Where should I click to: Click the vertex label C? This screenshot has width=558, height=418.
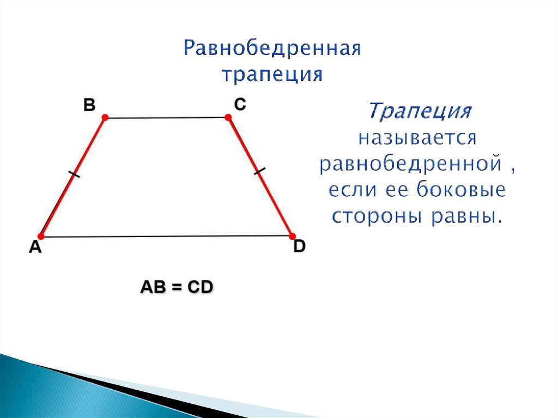click(240, 104)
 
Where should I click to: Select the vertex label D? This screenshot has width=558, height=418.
click(300, 247)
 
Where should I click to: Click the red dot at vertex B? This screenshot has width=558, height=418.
click(105, 117)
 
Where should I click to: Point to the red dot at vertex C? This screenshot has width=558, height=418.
click(228, 117)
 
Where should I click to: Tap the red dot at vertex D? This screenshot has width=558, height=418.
click(292, 236)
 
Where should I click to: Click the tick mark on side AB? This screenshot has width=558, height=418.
click(74, 175)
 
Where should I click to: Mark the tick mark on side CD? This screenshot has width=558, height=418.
click(260, 172)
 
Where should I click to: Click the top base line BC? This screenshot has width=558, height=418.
click(166, 117)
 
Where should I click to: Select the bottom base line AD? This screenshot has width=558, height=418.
click(166, 237)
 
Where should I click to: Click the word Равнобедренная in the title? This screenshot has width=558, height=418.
click(272, 50)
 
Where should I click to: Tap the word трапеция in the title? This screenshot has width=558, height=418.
click(272, 74)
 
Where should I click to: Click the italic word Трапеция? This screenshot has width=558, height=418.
click(418, 112)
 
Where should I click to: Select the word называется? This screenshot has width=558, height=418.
click(417, 137)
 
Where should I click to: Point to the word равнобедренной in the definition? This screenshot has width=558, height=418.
click(410, 164)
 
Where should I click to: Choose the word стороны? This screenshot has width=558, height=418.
click(377, 216)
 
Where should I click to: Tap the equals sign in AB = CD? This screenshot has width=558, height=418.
click(177, 287)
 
